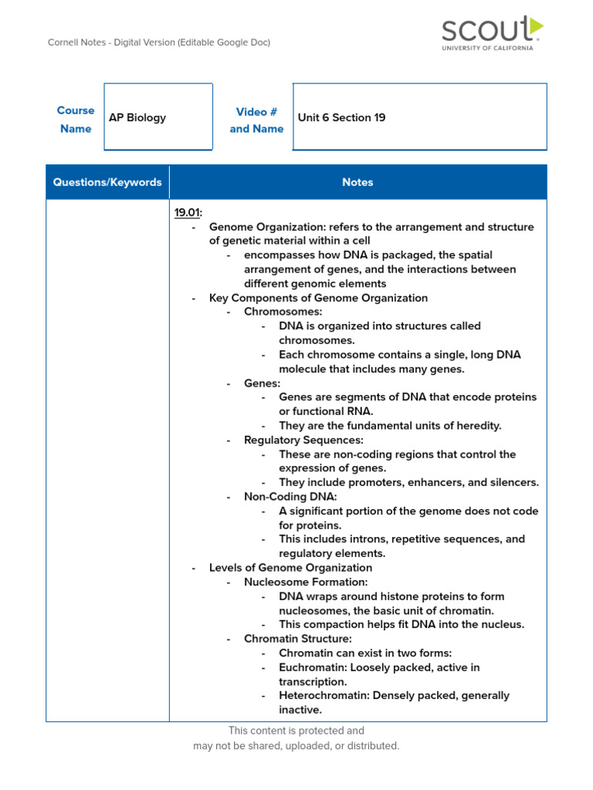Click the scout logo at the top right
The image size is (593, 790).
[492, 33]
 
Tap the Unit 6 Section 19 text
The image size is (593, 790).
[341, 118]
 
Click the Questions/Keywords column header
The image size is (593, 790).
[107, 183]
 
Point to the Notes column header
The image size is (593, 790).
[357, 183]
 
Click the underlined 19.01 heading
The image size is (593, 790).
[186, 213]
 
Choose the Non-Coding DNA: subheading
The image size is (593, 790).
[290, 497]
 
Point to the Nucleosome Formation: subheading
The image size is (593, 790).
[306, 582]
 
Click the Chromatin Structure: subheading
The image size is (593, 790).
[297, 639]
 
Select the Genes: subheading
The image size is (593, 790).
[262, 383]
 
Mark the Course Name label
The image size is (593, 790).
[76, 120]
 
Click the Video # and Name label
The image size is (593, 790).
[256, 120]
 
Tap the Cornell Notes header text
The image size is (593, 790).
[159, 43]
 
